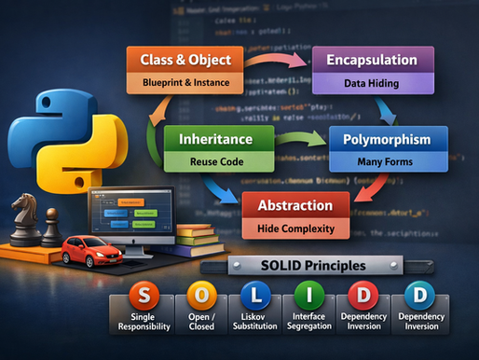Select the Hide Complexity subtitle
click(296, 227)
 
